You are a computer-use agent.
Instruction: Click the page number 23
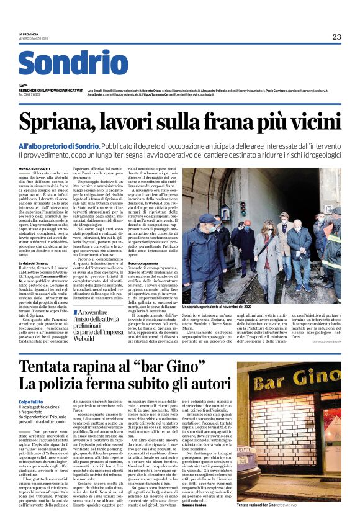(x=336, y=37)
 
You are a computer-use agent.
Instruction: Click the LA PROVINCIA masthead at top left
(x=29, y=34)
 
